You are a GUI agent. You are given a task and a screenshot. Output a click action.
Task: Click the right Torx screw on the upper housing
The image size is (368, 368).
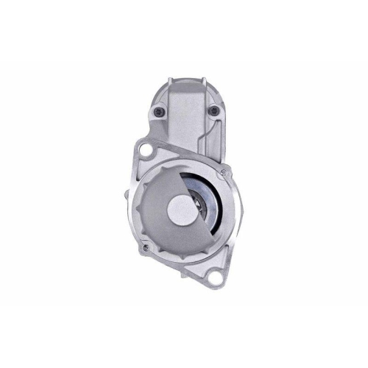[213, 111]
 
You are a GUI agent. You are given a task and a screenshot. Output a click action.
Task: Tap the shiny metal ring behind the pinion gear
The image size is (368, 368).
[213, 210]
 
